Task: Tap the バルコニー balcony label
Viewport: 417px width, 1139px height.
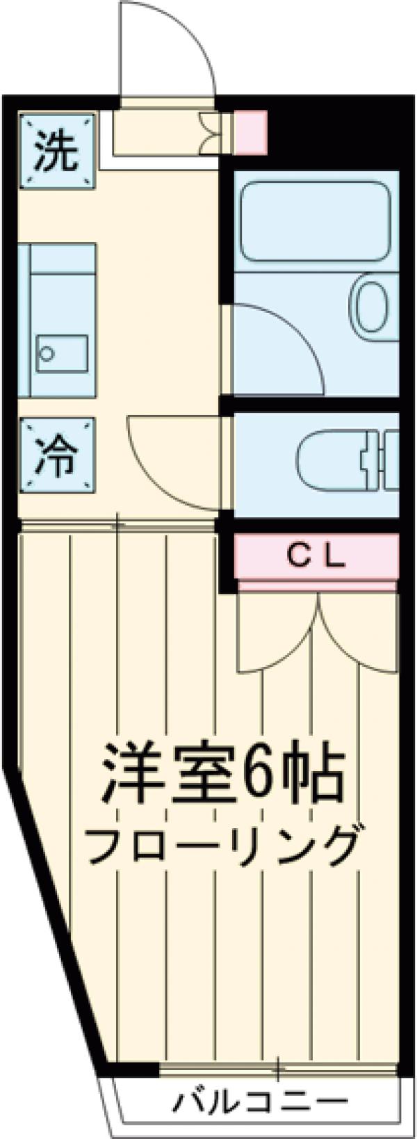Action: [261, 1101]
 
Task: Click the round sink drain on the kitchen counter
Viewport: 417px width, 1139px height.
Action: [47, 353]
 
